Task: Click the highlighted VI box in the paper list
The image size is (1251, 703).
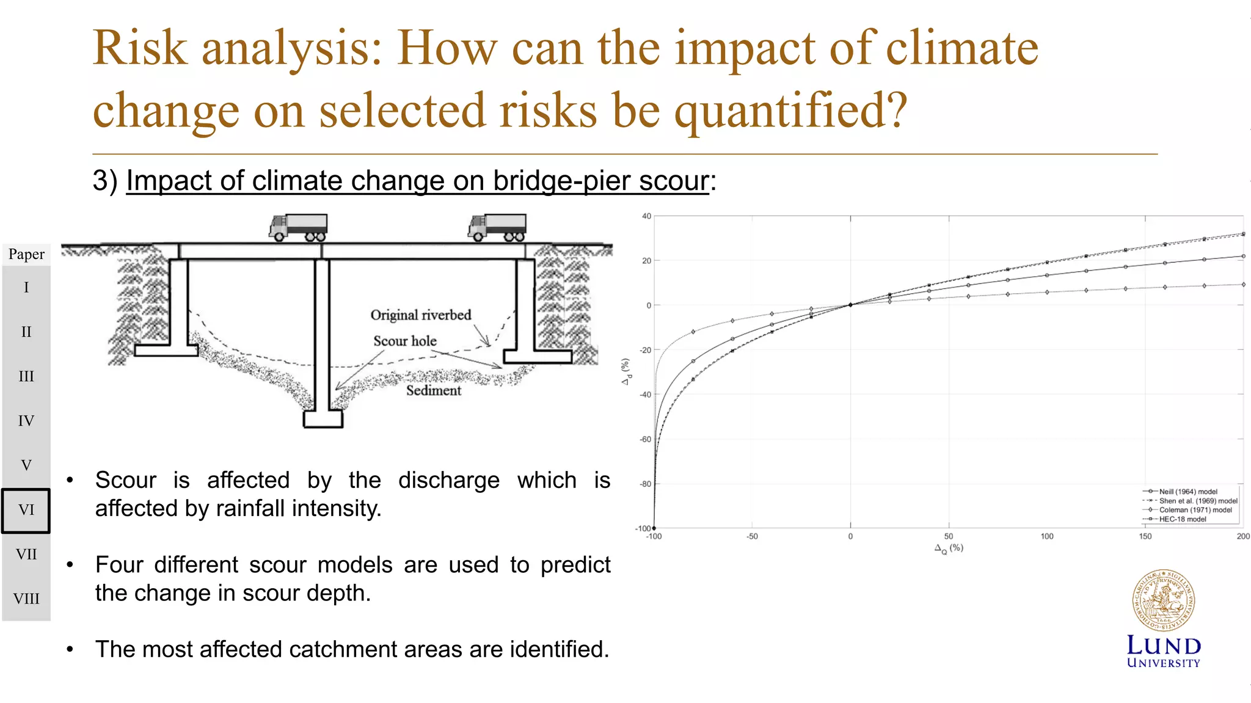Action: pos(26,510)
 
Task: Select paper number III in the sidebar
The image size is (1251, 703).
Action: pos(26,376)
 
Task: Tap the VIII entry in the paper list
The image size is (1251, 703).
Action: pos(26,599)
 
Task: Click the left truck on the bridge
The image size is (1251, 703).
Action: pos(298,227)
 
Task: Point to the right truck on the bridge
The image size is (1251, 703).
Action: pos(497,227)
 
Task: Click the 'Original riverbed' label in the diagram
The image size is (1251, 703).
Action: pos(421,315)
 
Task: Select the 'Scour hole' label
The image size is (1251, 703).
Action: pos(405,341)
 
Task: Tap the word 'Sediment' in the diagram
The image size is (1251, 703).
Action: pos(434,390)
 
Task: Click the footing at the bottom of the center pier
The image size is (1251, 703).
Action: pos(323,419)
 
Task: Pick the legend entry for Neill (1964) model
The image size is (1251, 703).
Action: pos(1187,492)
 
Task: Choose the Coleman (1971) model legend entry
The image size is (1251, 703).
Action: pos(1195,510)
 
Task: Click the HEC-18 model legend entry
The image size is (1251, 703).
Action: pos(1182,519)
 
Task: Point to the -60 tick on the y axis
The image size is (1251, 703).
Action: pos(645,439)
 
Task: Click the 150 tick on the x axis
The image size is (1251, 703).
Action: pos(1145,536)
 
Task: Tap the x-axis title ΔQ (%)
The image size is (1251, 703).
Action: pos(948,548)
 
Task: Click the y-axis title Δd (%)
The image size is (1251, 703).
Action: pos(625,372)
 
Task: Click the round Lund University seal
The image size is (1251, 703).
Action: pos(1163,601)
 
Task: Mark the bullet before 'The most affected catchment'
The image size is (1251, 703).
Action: pos(70,649)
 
